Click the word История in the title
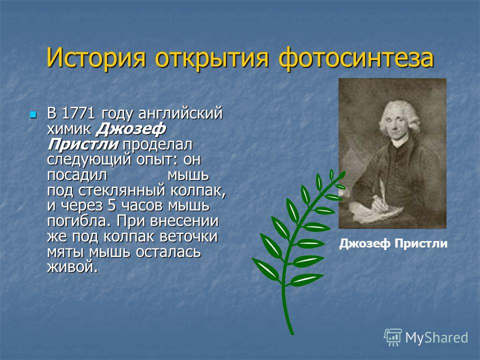96,57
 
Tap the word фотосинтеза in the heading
356,58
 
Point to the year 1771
78,113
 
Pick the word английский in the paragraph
180,114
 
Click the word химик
69,129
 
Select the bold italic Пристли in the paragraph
83,144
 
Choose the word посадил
77,175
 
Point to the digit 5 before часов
112,205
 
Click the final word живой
72,267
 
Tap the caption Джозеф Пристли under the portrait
393,243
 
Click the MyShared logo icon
393,337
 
